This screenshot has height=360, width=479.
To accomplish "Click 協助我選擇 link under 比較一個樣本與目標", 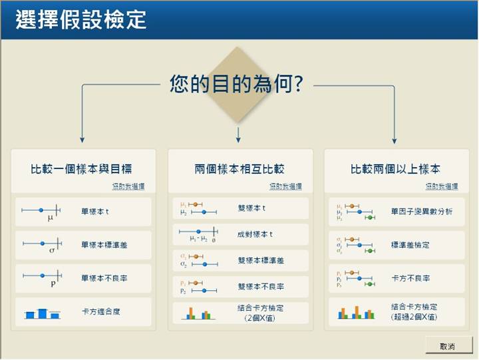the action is (x=128, y=186).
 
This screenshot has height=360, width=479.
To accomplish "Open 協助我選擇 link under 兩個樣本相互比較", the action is (x=285, y=186).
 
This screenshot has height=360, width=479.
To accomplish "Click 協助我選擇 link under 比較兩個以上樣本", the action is (x=442, y=186).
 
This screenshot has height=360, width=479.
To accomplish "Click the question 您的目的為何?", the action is (x=236, y=85).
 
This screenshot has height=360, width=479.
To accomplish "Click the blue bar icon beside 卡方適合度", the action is (x=41, y=312).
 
